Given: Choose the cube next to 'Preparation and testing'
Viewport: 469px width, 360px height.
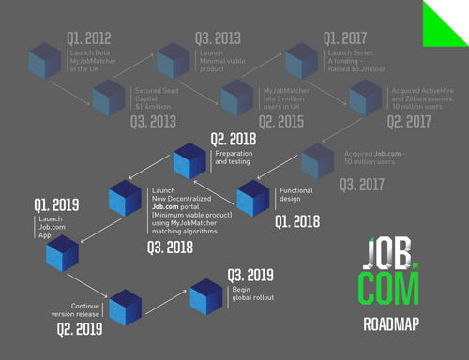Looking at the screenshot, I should (189, 161).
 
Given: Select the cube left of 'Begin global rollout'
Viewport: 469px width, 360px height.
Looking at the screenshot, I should (205, 294).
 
